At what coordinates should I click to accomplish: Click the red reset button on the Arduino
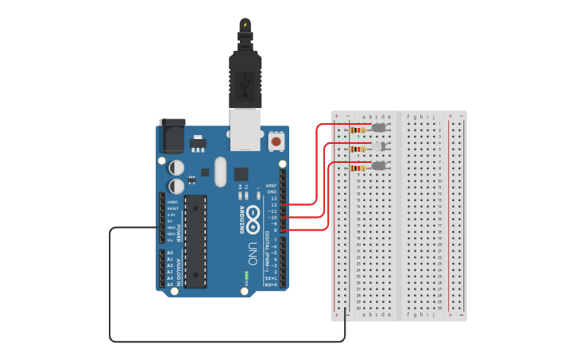click(276, 141)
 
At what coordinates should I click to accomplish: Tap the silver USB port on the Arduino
click(245, 129)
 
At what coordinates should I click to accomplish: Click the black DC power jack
click(172, 136)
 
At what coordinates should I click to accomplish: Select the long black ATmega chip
click(195, 241)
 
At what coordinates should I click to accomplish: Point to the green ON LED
click(246, 275)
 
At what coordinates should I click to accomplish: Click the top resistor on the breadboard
click(357, 130)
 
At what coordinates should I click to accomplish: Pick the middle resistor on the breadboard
click(357, 149)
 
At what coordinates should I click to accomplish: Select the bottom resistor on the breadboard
click(357, 168)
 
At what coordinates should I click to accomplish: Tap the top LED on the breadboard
click(379, 127)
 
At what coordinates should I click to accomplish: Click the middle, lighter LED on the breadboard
click(379, 146)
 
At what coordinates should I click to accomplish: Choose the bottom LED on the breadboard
click(379, 165)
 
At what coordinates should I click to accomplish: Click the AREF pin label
click(271, 185)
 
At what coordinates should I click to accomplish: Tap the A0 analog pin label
click(170, 253)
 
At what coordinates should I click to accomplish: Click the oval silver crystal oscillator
click(220, 171)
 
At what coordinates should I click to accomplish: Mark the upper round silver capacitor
click(176, 168)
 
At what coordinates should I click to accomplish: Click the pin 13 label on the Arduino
click(273, 198)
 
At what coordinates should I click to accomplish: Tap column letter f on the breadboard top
click(408, 116)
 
